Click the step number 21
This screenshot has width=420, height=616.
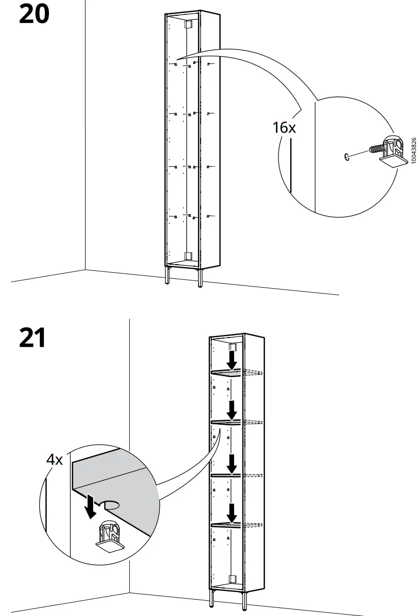[x=33, y=338]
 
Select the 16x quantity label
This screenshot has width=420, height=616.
[x=284, y=127]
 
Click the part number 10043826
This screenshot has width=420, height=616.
[x=413, y=151]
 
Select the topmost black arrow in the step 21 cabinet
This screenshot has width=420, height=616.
[x=232, y=361]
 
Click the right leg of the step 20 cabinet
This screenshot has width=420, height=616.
[x=200, y=277]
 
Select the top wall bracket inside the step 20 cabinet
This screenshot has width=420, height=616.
[x=187, y=24]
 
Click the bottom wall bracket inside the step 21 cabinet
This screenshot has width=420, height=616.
[x=233, y=579]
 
